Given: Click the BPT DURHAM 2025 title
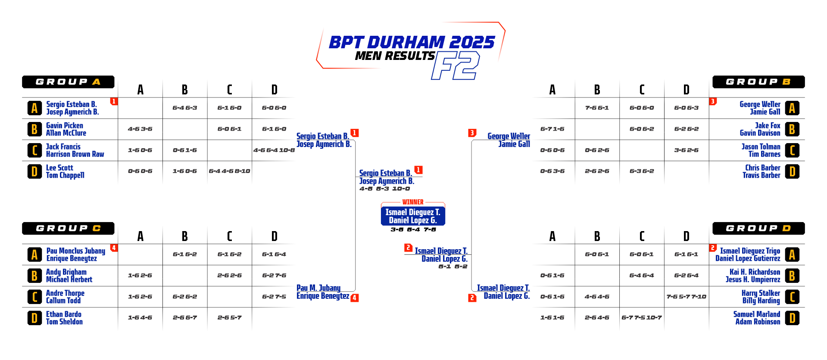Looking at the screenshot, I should (x=412, y=42).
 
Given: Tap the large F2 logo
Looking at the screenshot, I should (x=456, y=66).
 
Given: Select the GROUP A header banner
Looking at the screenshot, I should (x=68, y=82).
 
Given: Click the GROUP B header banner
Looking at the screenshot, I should (x=758, y=82).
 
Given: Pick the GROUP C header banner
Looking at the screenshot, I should (x=68, y=229).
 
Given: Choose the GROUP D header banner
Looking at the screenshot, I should (x=758, y=229).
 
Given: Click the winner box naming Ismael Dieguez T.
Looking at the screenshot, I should (x=413, y=216).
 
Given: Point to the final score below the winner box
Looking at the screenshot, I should (x=413, y=229).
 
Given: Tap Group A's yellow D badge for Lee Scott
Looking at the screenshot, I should (x=34, y=172).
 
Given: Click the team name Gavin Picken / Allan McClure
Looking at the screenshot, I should (x=66, y=129).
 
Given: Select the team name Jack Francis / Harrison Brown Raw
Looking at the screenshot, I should (x=75, y=150).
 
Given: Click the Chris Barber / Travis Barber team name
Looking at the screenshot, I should (x=761, y=171).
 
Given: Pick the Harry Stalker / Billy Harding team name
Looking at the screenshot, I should (x=761, y=297).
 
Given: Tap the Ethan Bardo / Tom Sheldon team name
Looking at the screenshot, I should (x=64, y=318).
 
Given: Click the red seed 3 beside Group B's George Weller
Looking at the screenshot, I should (x=713, y=101).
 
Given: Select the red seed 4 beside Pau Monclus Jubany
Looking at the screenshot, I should (x=114, y=248).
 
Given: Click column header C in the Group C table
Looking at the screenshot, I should (x=229, y=236).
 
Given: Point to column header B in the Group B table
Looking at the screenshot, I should (x=597, y=90).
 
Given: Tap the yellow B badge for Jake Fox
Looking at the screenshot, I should (x=792, y=129).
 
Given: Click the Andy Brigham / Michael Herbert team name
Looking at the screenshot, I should (x=69, y=275).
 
